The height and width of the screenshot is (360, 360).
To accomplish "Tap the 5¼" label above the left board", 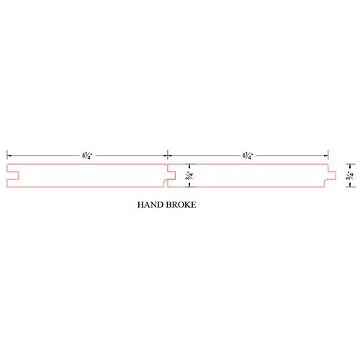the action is tap(87, 156).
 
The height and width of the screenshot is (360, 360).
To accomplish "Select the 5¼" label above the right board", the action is tap(248, 156).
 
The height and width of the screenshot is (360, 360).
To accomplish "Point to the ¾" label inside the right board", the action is tap(189, 176).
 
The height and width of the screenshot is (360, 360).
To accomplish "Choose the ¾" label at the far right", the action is tap(350, 176).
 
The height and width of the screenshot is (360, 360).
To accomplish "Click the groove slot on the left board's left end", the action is tap(13, 176).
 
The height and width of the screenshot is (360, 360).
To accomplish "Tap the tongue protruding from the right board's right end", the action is tap(332, 176).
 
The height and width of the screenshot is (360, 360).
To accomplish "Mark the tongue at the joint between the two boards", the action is tap(171, 176).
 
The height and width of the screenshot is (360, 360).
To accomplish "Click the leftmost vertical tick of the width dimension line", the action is tap(7, 155).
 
